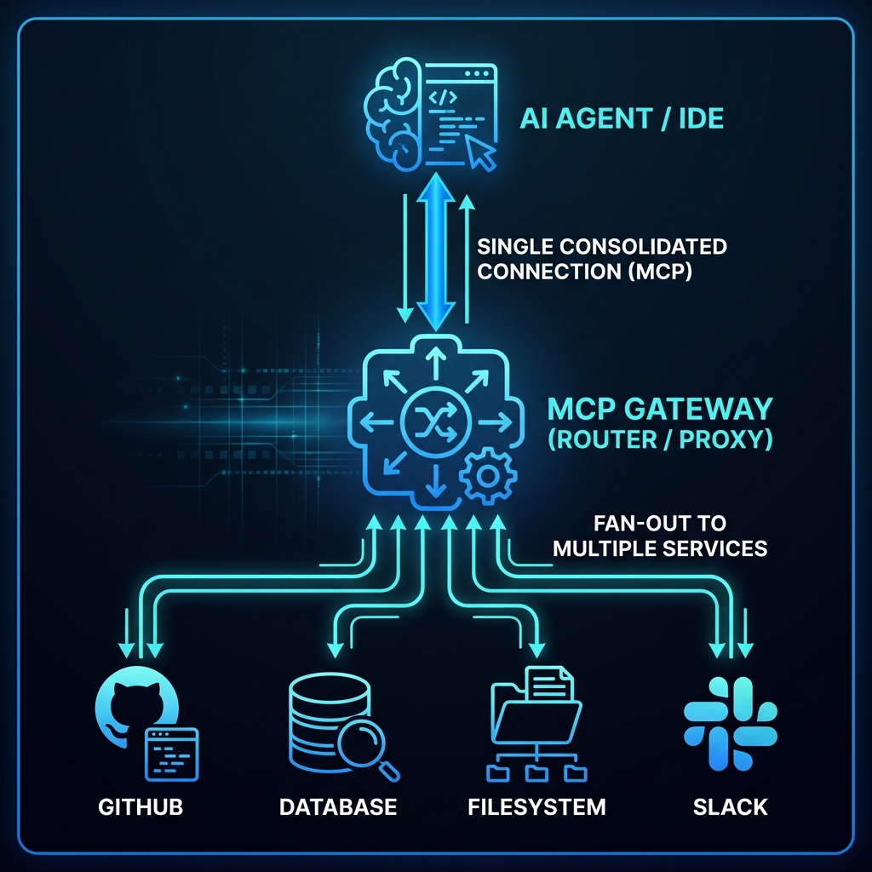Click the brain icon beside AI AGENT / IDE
pos(392,114)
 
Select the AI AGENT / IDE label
pos(622,118)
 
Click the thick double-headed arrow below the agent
pos(436,252)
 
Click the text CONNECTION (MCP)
pos(584,272)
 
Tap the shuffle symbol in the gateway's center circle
pos(436,422)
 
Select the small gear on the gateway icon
pos(488,475)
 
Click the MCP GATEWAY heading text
pos(660,409)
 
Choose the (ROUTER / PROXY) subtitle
pos(660,439)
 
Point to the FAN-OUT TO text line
pos(660,524)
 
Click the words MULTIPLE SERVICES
pos(660,548)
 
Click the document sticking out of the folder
pos(549,684)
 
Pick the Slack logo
pos(730,724)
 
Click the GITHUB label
pos(141,807)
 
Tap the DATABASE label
pos(338,807)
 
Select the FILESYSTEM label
pos(536,807)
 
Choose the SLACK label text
pos(730,807)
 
